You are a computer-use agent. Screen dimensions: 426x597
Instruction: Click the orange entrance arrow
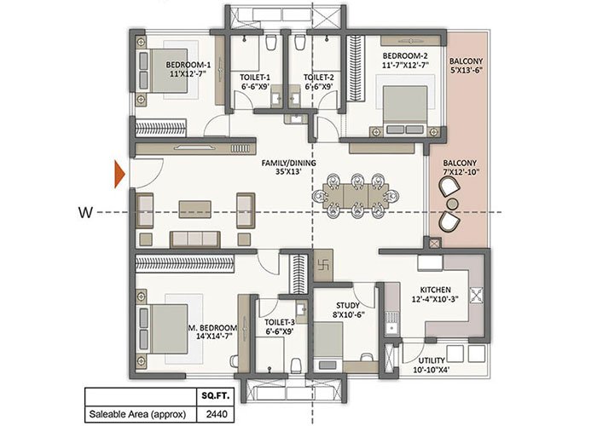tap(119, 175)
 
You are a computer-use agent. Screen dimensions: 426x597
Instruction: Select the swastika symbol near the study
tap(324, 265)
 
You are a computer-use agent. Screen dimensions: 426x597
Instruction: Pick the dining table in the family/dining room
tap(356, 196)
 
